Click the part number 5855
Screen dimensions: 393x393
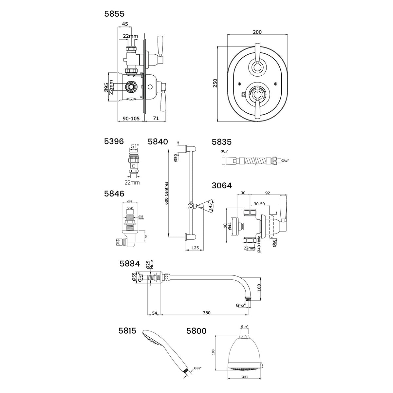click(114, 14)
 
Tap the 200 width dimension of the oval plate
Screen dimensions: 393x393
click(257, 32)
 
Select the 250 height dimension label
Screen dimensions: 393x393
click(215, 84)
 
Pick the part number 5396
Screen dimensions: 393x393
click(114, 141)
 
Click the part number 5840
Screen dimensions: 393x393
click(158, 141)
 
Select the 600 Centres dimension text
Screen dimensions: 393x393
click(166, 193)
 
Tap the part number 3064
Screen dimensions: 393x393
click(222, 186)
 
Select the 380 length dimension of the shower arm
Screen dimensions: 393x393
click(206, 313)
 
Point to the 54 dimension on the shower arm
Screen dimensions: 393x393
click(155, 313)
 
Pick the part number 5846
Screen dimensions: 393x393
click(114, 193)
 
